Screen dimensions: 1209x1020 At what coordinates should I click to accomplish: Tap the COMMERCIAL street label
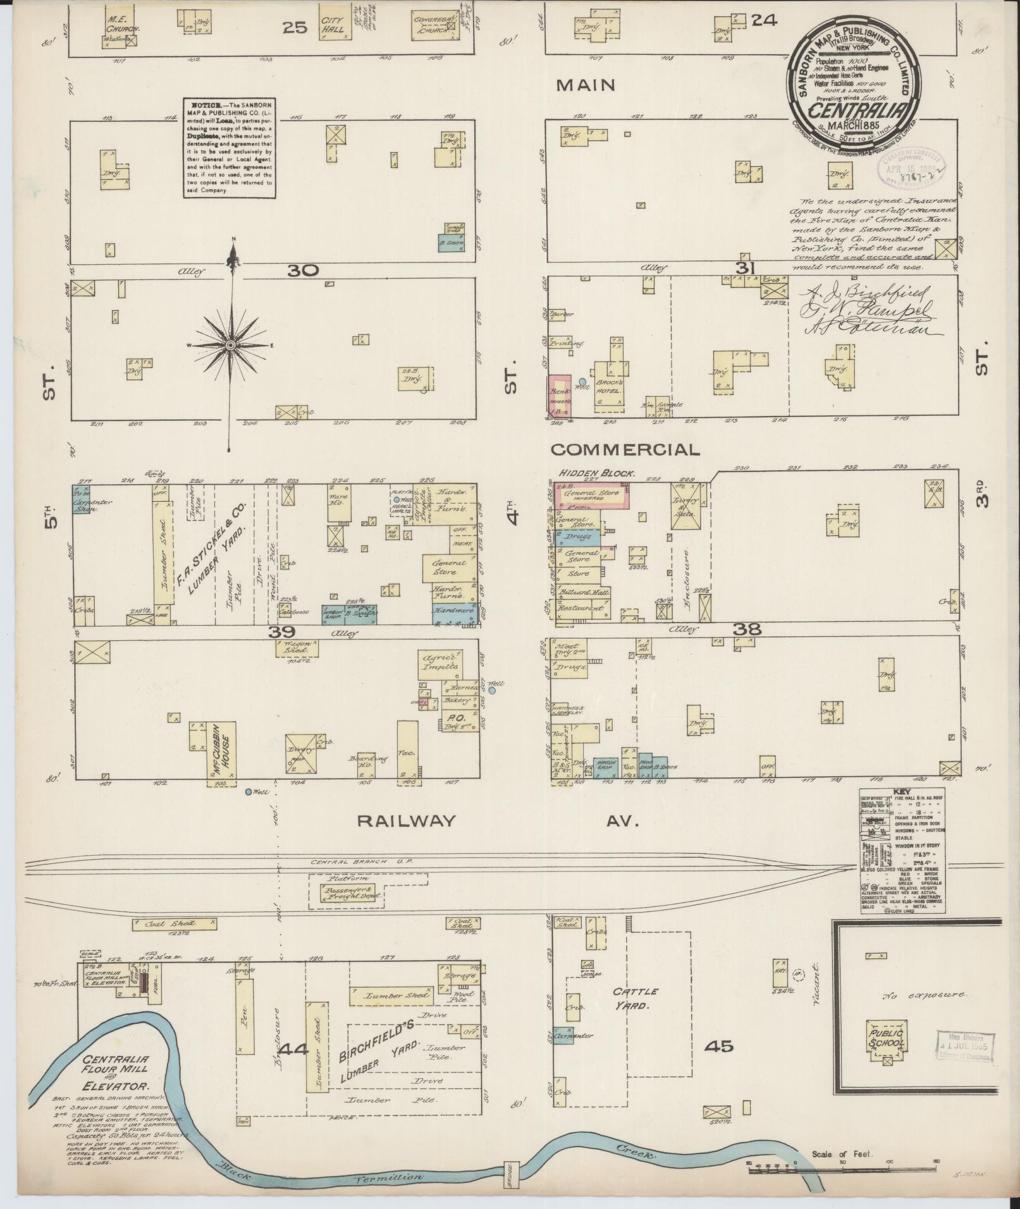point(625,449)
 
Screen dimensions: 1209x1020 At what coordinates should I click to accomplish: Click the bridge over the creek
point(510,1175)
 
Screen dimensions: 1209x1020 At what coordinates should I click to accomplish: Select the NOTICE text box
point(230,147)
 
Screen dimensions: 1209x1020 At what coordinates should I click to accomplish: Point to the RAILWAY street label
point(406,820)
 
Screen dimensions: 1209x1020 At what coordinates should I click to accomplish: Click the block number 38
point(747,629)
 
